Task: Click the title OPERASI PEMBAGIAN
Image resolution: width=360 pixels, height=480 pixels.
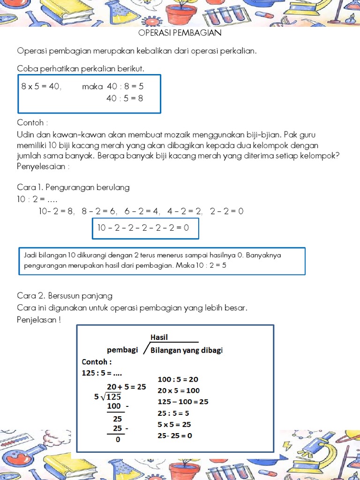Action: (x=180, y=33)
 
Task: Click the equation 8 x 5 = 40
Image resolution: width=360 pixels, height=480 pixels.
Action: (x=41, y=86)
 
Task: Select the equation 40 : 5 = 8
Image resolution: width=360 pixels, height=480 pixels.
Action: (x=125, y=98)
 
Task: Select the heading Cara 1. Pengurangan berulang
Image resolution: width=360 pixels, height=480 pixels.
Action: (x=73, y=187)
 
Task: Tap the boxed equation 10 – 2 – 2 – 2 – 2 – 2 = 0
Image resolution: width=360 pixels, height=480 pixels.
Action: (x=143, y=228)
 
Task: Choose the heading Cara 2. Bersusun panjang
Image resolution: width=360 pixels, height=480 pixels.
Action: (x=65, y=296)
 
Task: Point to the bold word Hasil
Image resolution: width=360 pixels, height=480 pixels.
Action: (x=159, y=337)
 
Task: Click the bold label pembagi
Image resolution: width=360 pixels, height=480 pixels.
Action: (x=122, y=350)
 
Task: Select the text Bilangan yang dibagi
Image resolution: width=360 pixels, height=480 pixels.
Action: (x=187, y=350)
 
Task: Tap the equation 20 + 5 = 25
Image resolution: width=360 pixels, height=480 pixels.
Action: (x=126, y=387)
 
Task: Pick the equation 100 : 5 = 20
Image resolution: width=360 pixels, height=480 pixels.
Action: (x=178, y=379)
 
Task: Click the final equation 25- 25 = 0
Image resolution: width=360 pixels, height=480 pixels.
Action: (x=175, y=435)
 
